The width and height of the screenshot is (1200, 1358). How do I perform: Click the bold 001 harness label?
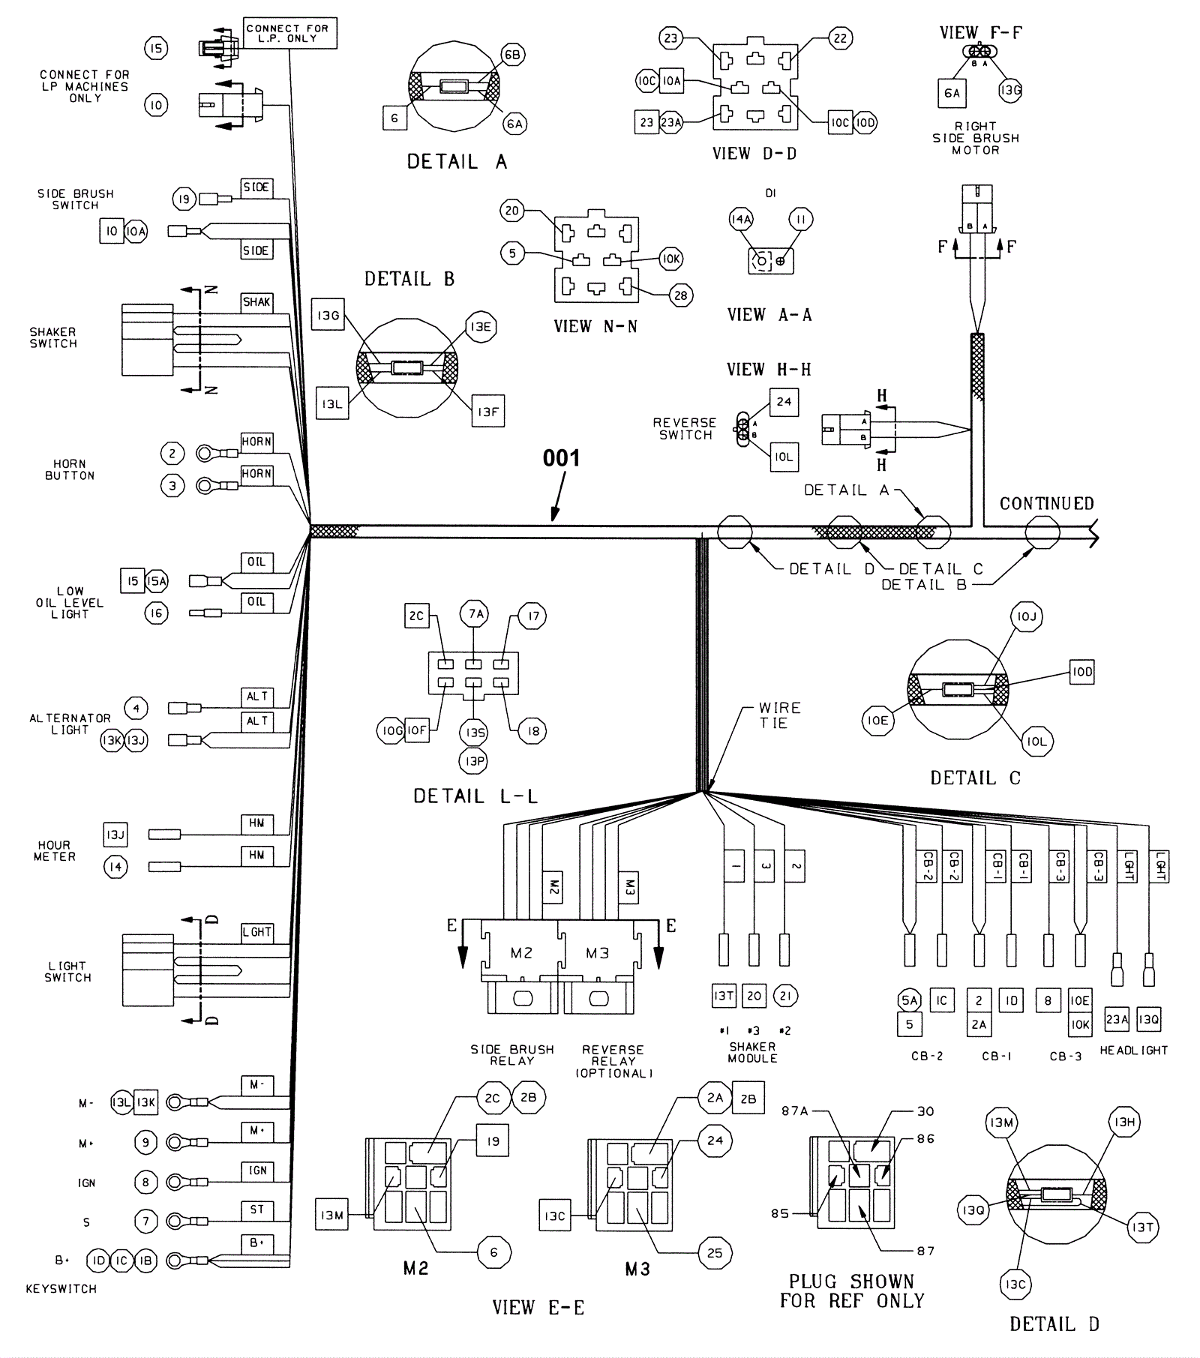(561, 458)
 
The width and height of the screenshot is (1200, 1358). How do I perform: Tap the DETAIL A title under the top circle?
(457, 161)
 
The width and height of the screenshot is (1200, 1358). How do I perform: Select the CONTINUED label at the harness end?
(1046, 504)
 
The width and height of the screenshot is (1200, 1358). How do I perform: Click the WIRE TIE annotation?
(779, 715)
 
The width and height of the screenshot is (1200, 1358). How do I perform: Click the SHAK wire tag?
(256, 302)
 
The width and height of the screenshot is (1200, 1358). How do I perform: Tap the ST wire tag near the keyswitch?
(257, 1210)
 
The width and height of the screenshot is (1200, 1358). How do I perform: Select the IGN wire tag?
(257, 1171)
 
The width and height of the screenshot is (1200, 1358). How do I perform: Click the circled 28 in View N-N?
(680, 295)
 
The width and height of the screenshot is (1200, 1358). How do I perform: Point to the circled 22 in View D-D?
(840, 38)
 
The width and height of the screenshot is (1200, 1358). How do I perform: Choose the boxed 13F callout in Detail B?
(487, 412)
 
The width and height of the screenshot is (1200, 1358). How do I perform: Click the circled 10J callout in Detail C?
(1026, 616)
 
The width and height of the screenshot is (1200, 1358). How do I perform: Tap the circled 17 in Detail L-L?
(533, 616)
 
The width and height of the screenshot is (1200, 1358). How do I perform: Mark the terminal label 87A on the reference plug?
(795, 1111)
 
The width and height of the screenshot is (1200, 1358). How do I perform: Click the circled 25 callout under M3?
(714, 1253)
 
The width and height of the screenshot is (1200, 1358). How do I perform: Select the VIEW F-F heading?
(981, 33)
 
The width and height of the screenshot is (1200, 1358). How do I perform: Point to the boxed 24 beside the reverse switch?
(784, 402)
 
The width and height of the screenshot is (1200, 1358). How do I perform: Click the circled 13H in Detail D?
(1124, 1122)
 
